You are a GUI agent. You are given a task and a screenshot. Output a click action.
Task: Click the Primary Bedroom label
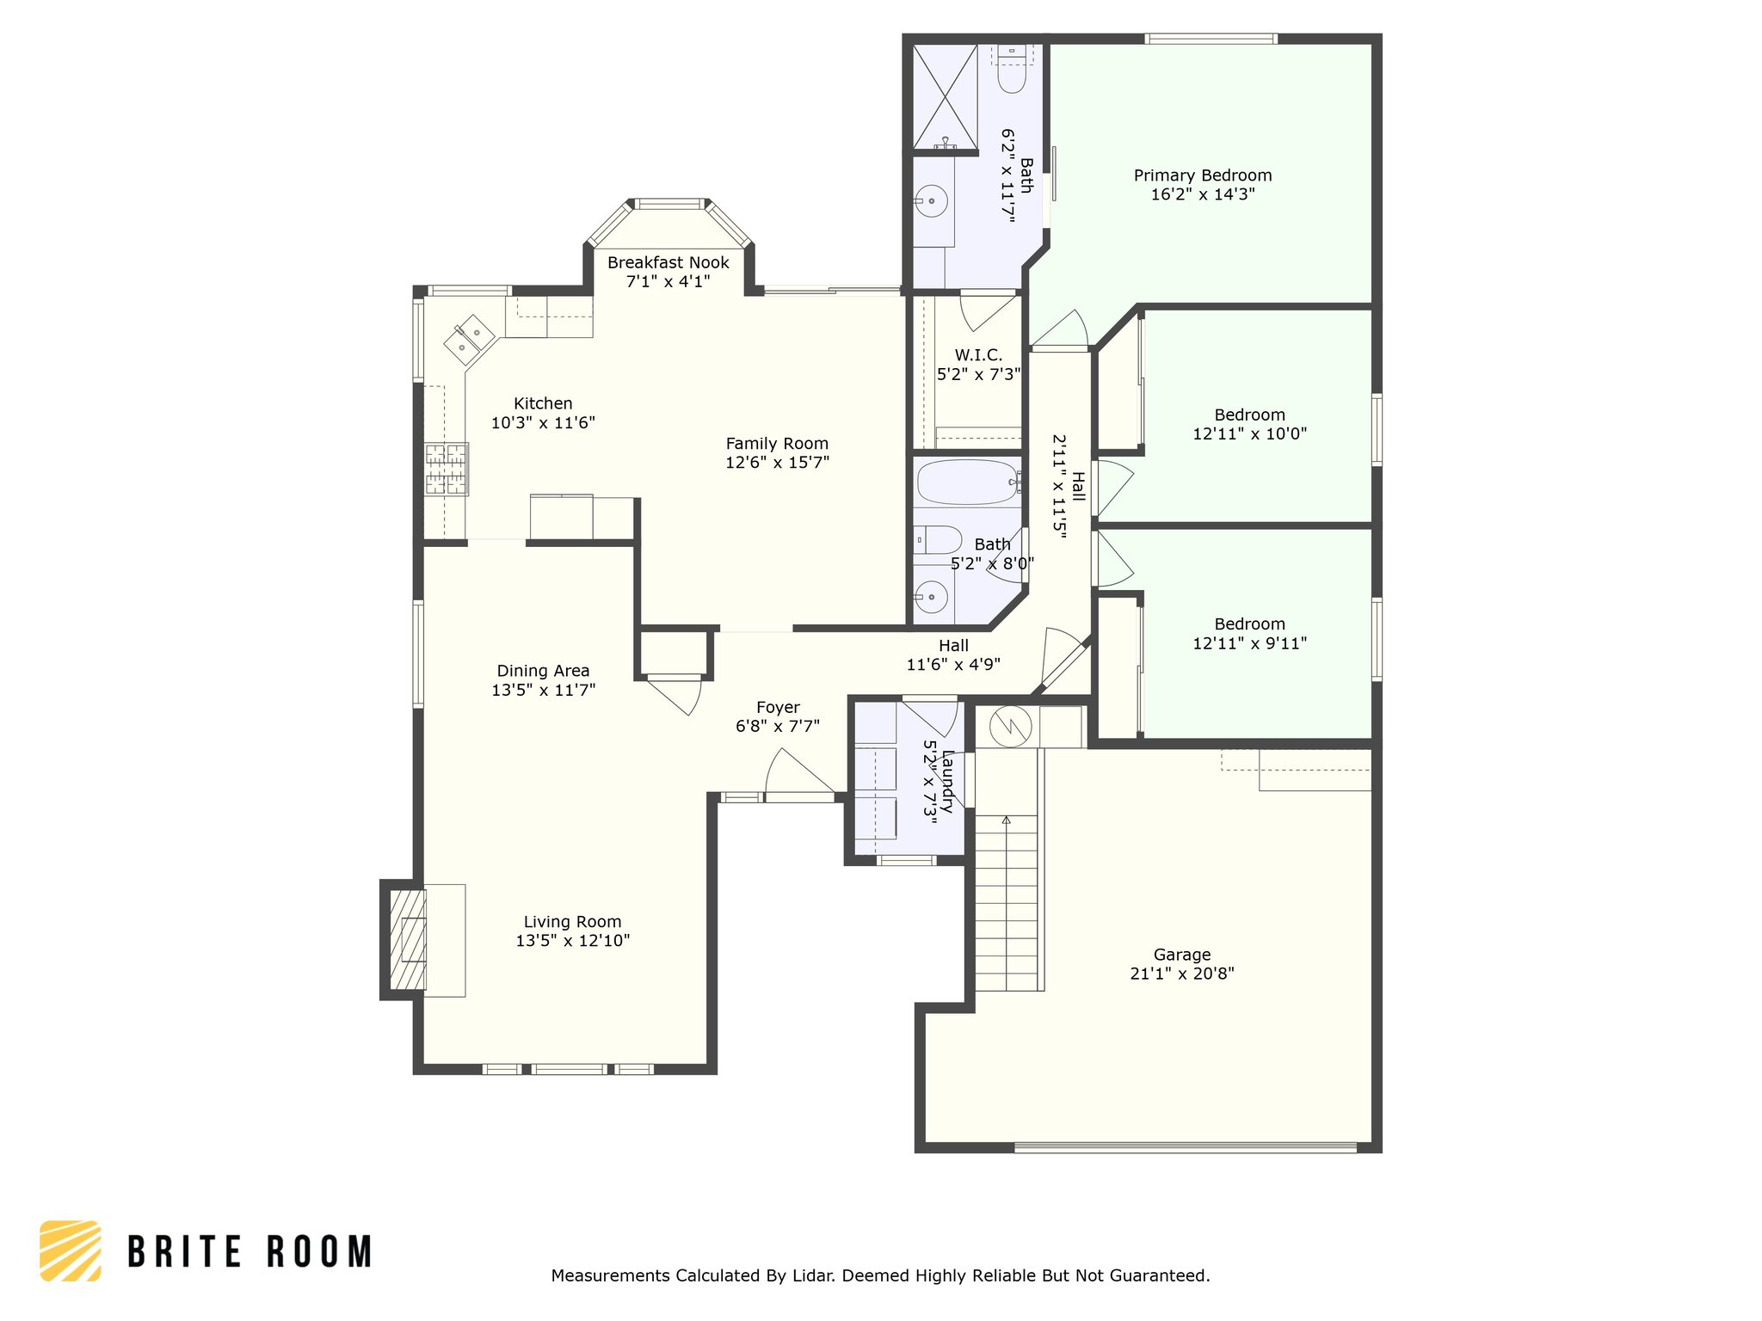(1202, 175)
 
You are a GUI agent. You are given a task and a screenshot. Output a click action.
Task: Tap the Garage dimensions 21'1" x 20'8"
(1182, 974)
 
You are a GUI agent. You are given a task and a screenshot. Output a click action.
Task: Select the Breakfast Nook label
(668, 262)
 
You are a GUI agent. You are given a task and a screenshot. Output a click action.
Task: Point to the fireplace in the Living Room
(408, 940)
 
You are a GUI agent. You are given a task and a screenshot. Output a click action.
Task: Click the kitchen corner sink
(469, 337)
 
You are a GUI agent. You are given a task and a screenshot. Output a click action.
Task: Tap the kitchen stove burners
(447, 469)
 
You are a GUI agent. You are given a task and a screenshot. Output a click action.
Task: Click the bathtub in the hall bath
(968, 482)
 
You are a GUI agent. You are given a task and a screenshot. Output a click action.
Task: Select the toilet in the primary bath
(1012, 70)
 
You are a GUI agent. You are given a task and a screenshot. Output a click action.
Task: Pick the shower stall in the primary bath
(945, 96)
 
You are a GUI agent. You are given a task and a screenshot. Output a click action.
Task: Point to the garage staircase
(1006, 903)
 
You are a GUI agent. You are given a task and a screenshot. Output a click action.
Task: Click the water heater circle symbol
(1010, 727)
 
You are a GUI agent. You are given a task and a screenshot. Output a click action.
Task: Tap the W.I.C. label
(978, 355)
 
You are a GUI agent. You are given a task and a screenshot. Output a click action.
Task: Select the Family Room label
(777, 444)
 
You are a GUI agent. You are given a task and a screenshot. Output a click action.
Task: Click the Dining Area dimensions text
(544, 690)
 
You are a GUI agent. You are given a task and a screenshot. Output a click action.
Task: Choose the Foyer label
(778, 708)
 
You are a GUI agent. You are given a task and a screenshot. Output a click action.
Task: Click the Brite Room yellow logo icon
(71, 1250)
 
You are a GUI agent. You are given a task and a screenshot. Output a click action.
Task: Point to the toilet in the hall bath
(938, 540)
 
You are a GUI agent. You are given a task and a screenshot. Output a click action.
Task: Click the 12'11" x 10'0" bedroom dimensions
(1249, 434)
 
